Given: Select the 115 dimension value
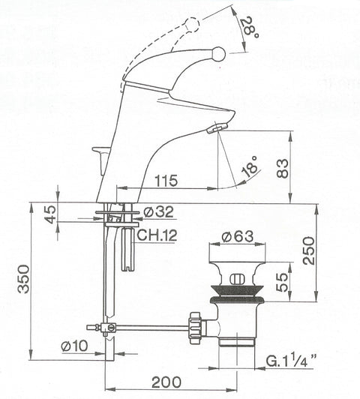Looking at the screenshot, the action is (166, 181).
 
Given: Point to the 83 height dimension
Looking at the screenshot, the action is (283, 168).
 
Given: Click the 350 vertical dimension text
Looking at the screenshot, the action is (24, 279).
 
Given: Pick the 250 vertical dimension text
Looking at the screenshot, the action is (308, 251).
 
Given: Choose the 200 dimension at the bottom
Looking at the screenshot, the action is (166, 382).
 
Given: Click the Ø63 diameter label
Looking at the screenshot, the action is (237, 236).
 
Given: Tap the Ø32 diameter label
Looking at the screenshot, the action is (158, 211).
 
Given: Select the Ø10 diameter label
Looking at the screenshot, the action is (74, 346).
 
